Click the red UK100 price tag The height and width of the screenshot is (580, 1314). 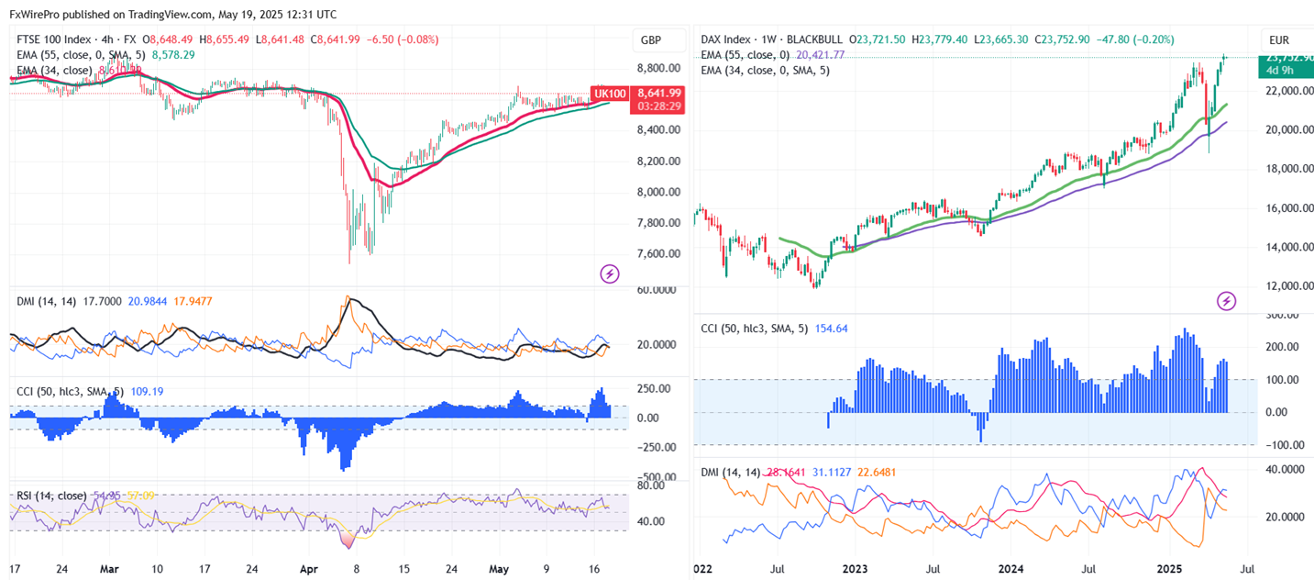611,94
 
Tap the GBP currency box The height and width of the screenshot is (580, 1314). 651,41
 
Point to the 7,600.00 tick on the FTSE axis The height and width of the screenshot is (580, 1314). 657,254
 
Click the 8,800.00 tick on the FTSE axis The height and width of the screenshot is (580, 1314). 657,69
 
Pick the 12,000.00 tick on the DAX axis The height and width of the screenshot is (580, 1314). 1288,286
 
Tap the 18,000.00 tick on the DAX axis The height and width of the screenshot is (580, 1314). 1288,169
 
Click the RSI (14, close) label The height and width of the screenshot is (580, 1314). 51,496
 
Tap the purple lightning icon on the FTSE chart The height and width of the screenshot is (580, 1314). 609,273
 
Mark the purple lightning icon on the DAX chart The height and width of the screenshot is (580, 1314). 1227,300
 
